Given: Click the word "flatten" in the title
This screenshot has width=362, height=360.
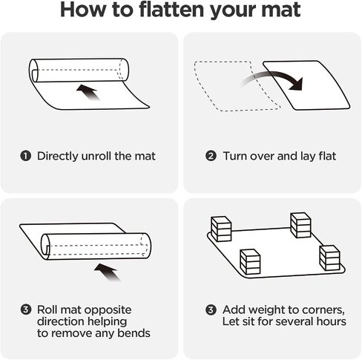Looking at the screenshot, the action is (x=172, y=10).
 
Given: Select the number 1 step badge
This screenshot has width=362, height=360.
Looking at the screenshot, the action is (x=25, y=156).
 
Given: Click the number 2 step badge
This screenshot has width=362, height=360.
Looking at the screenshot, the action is (x=211, y=156).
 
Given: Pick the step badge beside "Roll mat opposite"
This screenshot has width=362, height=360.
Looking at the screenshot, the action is (x=26, y=310).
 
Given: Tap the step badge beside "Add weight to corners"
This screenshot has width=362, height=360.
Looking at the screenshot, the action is (x=211, y=310).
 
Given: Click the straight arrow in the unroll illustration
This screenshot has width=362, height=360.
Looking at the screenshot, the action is (x=88, y=92).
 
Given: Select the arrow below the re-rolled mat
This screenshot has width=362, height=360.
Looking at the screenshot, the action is (x=108, y=272).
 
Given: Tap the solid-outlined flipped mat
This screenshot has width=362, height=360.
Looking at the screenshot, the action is (x=306, y=85).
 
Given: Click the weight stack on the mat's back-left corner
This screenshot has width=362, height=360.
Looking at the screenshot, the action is (x=221, y=229).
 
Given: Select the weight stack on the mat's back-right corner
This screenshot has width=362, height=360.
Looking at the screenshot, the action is (x=300, y=225).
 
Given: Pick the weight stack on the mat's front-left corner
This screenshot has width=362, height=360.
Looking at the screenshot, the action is (x=250, y=262).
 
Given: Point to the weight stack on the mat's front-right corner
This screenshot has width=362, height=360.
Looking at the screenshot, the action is (x=329, y=258).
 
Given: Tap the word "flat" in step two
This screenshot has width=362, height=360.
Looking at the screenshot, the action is (x=327, y=156).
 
